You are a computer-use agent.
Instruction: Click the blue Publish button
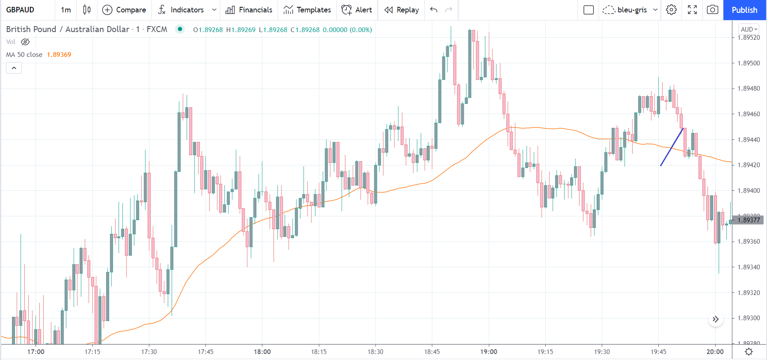(x=744, y=10)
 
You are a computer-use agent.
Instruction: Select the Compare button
(x=124, y=10)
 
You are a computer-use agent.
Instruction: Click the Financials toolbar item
(x=249, y=10)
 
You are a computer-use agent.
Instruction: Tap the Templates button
(x=307, y=10)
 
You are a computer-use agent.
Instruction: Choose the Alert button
(x=357, y=10)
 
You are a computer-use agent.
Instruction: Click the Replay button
(x=401, y=10)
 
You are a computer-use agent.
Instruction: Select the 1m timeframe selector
(x=66, y=10)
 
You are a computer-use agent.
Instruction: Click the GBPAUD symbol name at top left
(x=20, y=10)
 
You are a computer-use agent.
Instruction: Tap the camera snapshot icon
(x=712, y=10)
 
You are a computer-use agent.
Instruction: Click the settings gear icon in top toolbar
(x=671, y=10)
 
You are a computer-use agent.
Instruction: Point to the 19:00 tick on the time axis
(x=489, y=351)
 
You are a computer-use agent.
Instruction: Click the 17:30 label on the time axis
(x=149, y=351)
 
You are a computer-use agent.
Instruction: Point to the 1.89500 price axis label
(x=749, y=63)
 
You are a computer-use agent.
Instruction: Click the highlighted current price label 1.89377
(x=749, y=220)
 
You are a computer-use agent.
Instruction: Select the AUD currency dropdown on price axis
(x=749, y=30)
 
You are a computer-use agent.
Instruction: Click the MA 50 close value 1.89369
(x=59, y=55)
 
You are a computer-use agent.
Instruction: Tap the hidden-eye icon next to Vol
(x=25, y=42)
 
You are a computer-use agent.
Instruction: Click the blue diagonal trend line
(x=672, y=147)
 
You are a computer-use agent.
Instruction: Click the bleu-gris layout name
(x=632, y=10)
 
